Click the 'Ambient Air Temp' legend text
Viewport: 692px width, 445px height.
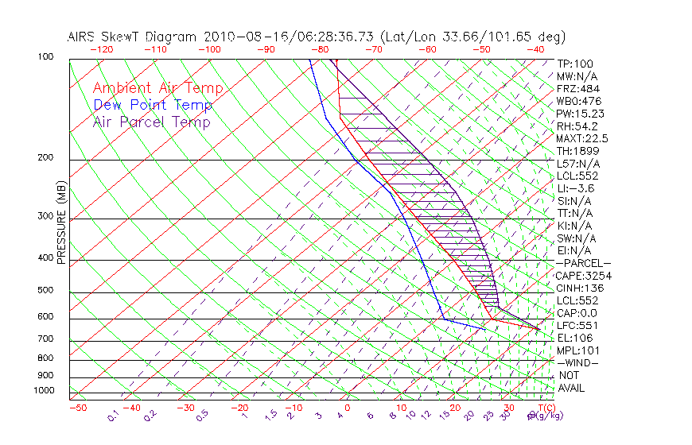157,89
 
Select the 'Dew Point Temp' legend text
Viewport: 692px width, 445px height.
153,106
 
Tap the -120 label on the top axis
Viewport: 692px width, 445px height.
100,48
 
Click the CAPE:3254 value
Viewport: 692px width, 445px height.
583,276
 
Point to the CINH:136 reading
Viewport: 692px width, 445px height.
580,288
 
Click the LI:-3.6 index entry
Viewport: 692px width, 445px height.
575,188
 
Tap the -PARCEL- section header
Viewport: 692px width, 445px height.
583,263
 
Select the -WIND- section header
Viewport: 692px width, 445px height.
577,362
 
